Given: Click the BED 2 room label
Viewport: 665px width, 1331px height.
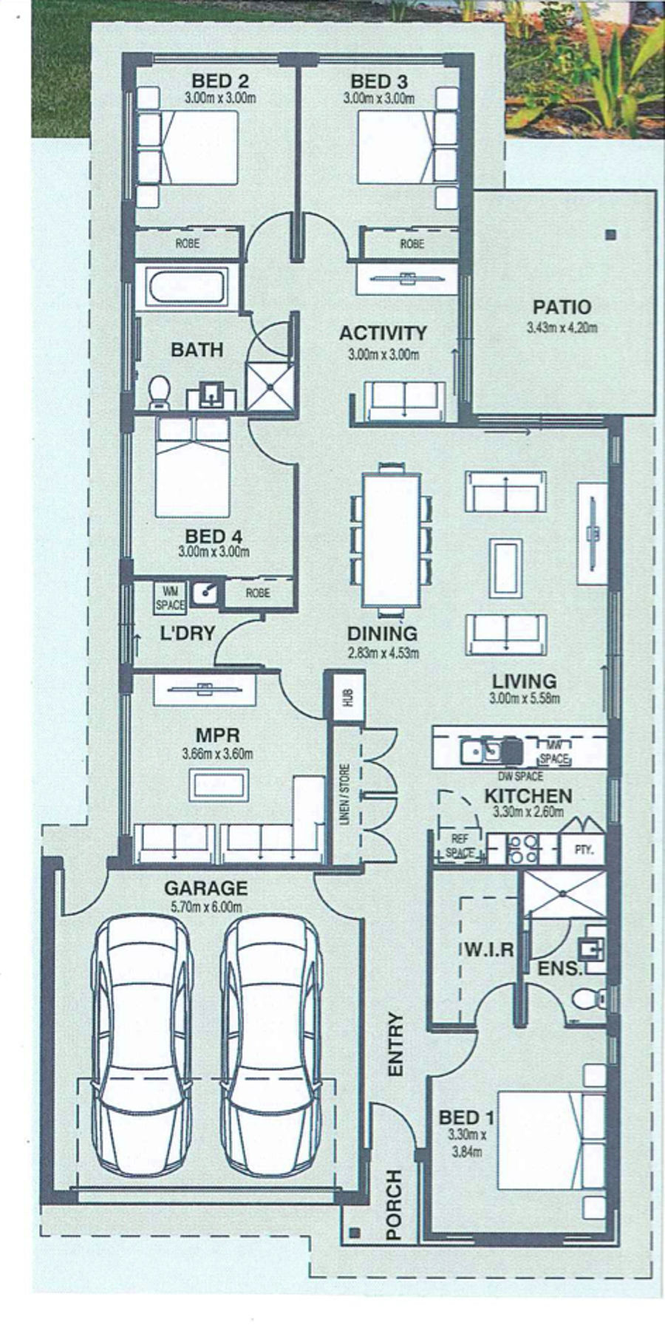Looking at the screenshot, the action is pyautogui.click(x=220, y=81).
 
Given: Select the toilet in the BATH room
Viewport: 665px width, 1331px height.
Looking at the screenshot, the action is pyautogui.click(x=158, y=392).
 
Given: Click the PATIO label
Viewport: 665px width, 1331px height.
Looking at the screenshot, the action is pyautogui.click(x=562, y=307).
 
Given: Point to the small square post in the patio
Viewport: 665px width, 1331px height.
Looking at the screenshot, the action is pyautogui.click(x=610, y=236).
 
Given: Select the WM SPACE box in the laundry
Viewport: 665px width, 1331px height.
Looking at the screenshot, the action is pyautogui.click(x=170, y=596).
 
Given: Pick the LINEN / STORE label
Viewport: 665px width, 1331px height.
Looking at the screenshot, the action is pyautogui.click(x=345, y=795).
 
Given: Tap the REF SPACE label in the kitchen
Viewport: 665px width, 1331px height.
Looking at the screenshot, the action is pyautogui.click(x=460, y=846).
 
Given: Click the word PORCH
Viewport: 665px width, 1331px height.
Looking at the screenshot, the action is pyautogui.click(x=394, y=1204).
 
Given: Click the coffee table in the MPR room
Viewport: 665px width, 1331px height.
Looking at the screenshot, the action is pyautogui.click(x=219, y=784).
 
